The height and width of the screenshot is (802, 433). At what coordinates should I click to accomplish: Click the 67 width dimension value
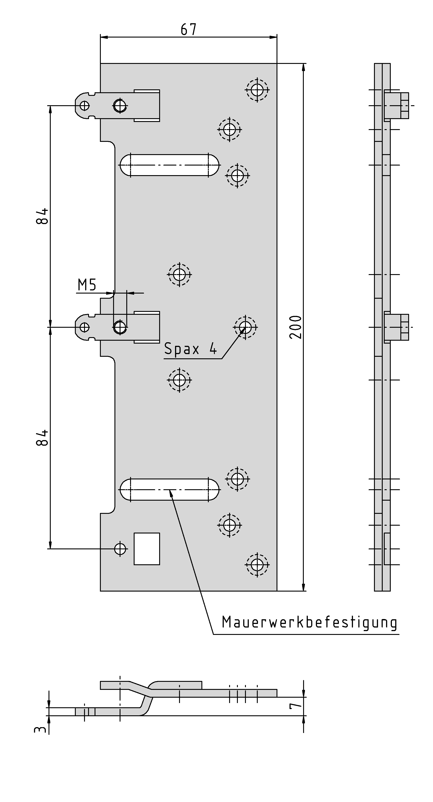[188, 29]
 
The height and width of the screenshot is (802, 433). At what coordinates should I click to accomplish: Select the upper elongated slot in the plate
[169, 165]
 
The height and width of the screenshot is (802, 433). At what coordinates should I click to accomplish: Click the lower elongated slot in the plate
[169, 490]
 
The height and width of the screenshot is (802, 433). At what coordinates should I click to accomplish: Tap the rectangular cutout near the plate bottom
[147, 549]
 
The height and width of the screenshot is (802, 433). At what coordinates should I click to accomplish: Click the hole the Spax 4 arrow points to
[245, 327]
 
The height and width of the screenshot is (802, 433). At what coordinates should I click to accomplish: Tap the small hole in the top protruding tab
[84, 105]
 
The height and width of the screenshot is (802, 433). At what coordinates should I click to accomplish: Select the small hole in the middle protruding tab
[84, 327]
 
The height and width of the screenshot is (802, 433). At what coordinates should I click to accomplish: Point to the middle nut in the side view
[397, 327]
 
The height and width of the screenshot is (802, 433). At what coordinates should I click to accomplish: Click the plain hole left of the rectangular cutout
[120, 549]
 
